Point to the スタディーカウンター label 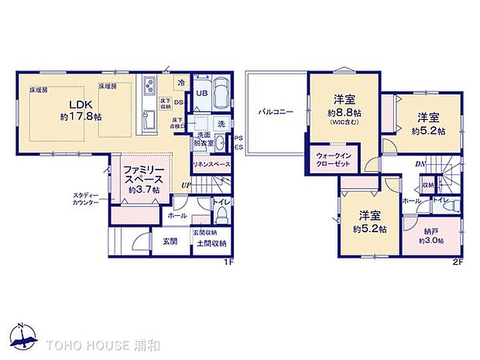point(84,198)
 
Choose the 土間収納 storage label point(211,243)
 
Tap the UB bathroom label point(201,94)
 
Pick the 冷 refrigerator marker point(180,82)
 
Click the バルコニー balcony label point(275,111)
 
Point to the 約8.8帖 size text point(344,114)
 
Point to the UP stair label point(186,186)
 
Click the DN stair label point(420,164)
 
